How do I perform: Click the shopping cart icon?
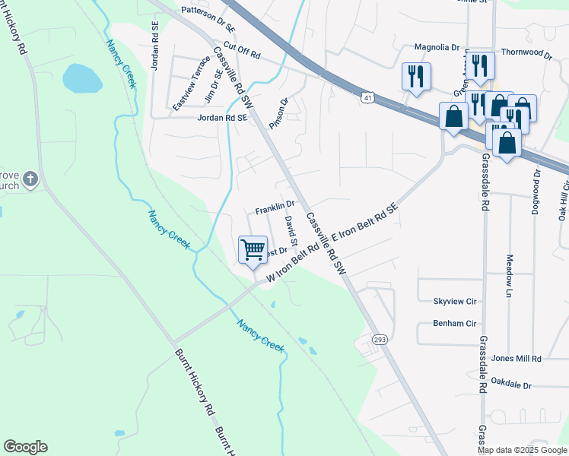coord(253,249)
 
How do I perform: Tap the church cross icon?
coord(30,179)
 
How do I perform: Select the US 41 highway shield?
coord(367,98)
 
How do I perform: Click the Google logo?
coord(25,447)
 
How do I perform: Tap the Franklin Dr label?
coord(275,206)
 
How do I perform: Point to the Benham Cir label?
coord(454,323)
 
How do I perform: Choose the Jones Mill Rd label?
coord(516,358)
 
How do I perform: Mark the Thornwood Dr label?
coord(526,54)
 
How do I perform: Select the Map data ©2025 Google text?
coord(522,450)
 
